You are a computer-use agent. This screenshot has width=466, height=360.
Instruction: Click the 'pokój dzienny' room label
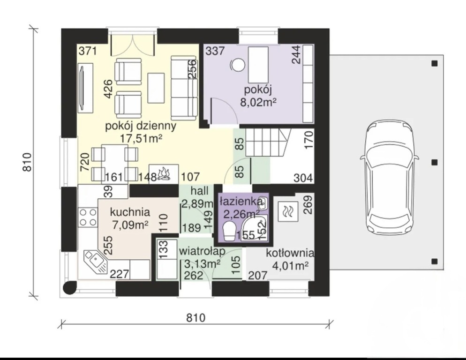[141, 126]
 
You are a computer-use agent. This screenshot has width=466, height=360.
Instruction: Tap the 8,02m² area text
[258, 103]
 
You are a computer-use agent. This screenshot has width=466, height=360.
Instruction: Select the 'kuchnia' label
[130, 212]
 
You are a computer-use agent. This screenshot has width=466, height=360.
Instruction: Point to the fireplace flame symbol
[164, 173]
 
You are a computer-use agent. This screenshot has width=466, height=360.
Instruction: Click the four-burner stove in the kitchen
[88, 217]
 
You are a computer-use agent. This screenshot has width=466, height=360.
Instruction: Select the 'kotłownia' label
[290, 253]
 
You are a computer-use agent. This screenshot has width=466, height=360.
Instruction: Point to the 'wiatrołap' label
[202, 251]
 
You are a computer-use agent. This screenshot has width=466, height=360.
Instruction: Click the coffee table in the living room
[156, 88]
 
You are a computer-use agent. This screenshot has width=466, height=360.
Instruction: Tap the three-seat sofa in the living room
[184, 88]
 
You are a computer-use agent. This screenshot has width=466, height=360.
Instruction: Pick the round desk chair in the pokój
[238, 65]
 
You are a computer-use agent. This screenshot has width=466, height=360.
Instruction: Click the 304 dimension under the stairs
[303, 178]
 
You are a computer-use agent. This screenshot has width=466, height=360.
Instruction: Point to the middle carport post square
[435, 162]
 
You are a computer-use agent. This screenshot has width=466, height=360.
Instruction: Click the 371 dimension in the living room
[88, 51]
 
